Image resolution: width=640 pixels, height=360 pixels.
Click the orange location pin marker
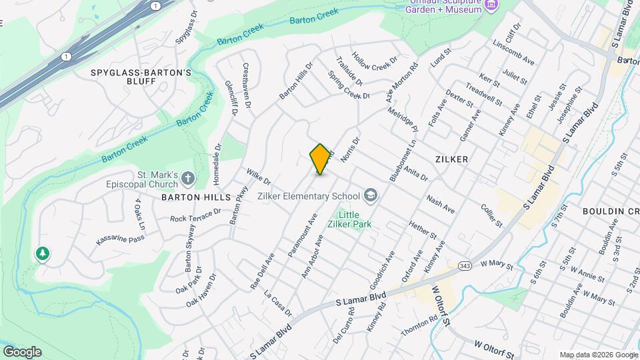coord(320,159)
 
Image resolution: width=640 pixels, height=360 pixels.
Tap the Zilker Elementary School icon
coord(370,196)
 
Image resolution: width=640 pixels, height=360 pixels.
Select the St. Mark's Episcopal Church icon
coord(188,178)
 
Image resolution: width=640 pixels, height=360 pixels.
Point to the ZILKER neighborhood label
coord(451,159)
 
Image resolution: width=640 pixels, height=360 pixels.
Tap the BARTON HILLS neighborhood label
coord(190,198)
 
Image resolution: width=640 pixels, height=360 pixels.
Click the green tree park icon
coord(42,253)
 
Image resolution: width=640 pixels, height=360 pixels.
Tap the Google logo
coord(22,351)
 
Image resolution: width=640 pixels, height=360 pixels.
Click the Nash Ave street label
coord(441,205)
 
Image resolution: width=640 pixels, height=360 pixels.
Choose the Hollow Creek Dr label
coord(375,67)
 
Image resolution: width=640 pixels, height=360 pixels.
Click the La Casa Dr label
coord(278,304)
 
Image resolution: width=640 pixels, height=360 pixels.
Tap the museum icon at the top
coord(492,6)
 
